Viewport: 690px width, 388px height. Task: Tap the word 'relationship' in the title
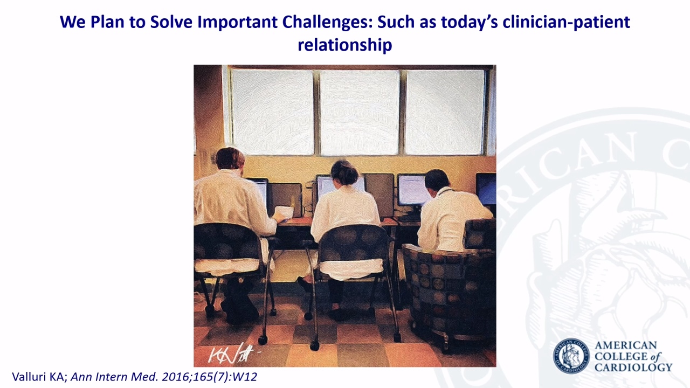344,45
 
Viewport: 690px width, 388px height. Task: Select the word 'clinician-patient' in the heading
566,22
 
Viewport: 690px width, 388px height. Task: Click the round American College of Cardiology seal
571,356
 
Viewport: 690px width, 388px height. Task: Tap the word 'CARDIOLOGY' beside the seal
633,368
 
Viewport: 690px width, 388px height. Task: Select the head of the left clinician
230,158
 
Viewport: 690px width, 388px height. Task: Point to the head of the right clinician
437,180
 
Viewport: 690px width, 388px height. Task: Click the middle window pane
360,113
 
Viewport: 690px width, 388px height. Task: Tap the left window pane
272,113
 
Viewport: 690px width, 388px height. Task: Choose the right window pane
445,113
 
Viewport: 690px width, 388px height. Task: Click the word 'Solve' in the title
174,22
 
